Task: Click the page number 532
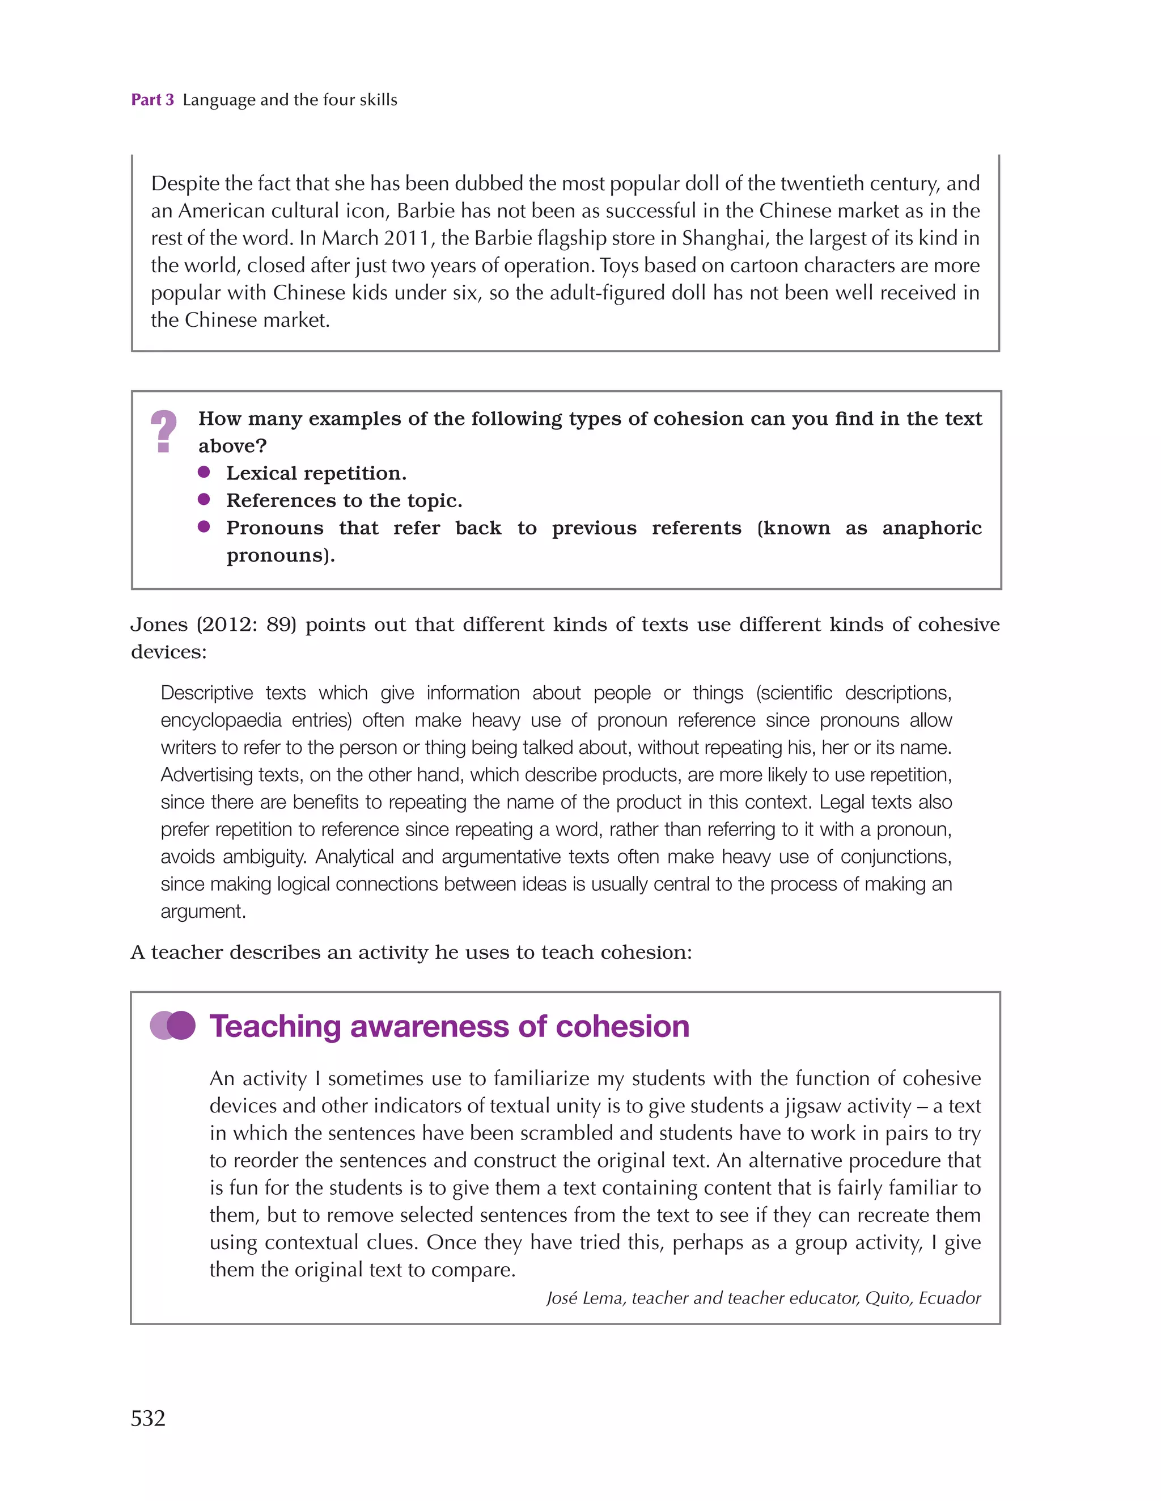[148, 1418]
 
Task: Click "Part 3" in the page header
[152, 100]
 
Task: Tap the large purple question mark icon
[163, 431]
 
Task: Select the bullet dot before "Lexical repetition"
[204, 472]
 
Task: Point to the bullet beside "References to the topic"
[204, 500]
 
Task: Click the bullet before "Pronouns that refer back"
[204, 527]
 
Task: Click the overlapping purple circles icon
[172, 1026]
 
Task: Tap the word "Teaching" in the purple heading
[275, 1026]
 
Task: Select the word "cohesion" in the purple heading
[622, 1026]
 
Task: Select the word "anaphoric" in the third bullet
[931, 528]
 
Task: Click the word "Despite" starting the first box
[185, 183]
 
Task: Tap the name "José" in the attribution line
[562, 1297]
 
